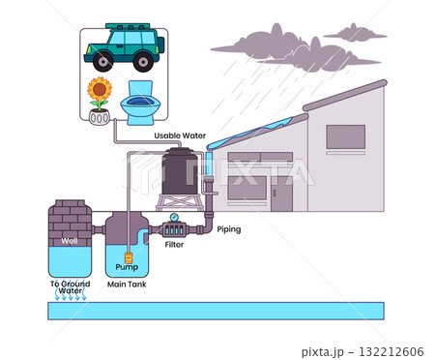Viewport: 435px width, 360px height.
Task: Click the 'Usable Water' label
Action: click(x=181, y=135)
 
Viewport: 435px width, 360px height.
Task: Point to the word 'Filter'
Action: click(x=174, y=245)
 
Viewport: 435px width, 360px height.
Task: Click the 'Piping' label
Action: click(x=229, y=229)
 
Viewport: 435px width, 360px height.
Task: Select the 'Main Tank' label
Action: click(x=126, y=284)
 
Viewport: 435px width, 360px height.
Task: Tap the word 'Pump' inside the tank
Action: click(x=127, y=266)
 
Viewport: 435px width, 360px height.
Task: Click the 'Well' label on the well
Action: click(x=69, y=240)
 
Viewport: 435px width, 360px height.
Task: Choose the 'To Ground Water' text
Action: click(x=69, y=286)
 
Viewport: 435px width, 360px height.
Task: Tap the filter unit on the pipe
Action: click(x=175, y=231)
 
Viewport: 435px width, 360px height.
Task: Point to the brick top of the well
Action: click(x=70, y=215)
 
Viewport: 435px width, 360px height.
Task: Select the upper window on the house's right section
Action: click(x=345, y=137)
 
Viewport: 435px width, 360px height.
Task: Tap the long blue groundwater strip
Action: click(x=217, y=311)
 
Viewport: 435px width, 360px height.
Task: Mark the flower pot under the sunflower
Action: click(x=98, y=117)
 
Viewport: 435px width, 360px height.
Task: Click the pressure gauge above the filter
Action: click(x=174, y=217)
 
